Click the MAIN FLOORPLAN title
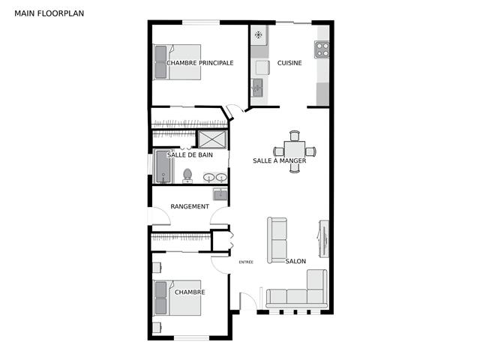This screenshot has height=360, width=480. (49, 13)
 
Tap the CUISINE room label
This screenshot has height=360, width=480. (289, 63)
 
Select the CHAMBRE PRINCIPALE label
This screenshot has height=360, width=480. (200, 63)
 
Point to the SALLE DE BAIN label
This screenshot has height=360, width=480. (190, 155)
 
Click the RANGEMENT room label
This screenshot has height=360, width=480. (190, 207)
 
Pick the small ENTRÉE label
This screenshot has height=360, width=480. (246, 262)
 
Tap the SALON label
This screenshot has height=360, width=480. (295, 261)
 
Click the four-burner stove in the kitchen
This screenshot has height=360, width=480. (322, 49)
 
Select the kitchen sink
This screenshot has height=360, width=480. (257, 88)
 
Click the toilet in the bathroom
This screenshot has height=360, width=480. (187, 175)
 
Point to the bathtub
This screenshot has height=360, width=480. (163, 166)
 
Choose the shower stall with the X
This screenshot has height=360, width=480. (212, 139)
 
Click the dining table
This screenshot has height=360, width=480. (295, 151)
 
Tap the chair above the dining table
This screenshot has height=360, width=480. (295, 136)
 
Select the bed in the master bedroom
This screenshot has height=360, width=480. (177, 62)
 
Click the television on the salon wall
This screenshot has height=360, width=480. (323, 238)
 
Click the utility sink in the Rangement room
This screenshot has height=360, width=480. (220, 194)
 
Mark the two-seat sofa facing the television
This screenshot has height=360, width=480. (277, 240)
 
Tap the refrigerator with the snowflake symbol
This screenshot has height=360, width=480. (259, 35)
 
